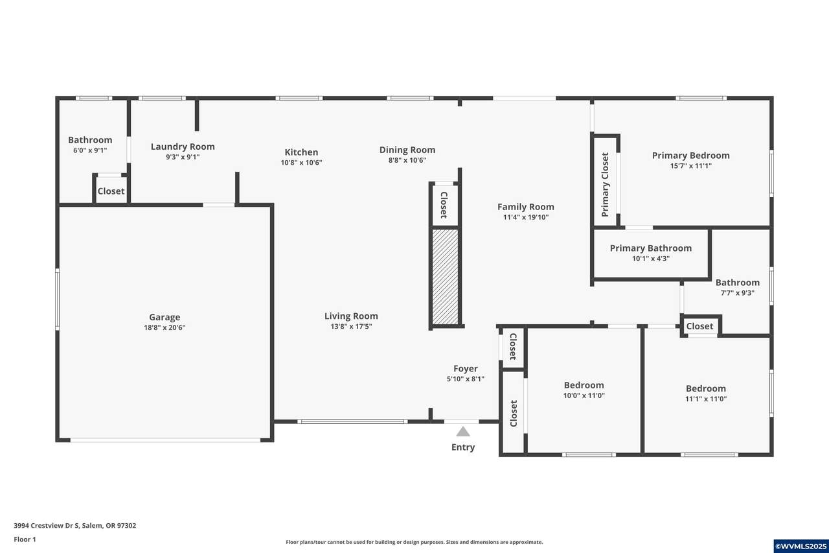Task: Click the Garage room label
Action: (165, 317)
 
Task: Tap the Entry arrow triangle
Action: (463, 432)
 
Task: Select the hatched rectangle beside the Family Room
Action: (445, 277)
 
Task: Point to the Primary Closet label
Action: (605, 185)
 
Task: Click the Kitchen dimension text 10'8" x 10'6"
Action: (301, 163)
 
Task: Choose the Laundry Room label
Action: (183, 147)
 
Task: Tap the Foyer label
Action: (466, 368)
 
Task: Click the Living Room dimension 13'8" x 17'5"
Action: (351, 326)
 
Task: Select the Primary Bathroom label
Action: (651, 248)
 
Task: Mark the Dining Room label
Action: (407, 150)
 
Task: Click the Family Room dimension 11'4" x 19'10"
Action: (526, 217)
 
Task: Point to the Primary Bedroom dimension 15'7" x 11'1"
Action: (691, 165)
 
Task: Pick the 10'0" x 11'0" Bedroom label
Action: (584, 385)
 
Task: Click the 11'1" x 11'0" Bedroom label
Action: (706, 388)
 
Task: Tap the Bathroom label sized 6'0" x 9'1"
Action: (90, 140)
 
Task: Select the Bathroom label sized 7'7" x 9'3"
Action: (738, 283)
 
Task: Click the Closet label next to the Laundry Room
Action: (111, 191)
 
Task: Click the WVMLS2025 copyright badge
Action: (801, 547)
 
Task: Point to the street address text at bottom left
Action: (74, 526)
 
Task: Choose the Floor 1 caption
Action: (25, 539)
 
